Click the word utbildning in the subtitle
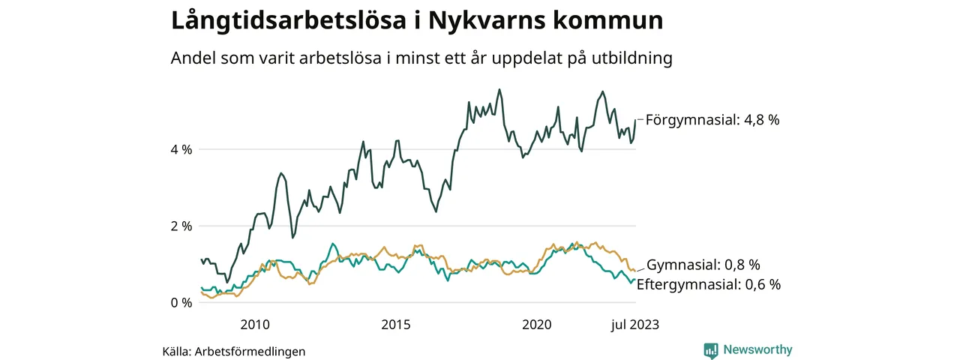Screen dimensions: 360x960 pyautogui.click(x=631, y=58)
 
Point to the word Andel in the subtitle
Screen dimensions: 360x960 pyautogui.click(x=192, y=58)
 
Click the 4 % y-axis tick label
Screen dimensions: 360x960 pyautogui.click(x=181, y=149)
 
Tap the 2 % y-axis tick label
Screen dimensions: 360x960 pyautogui.click(x=181, y=226)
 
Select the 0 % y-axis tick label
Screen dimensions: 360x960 pyautogui.click(x=181, y=303)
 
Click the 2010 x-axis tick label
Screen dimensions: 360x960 pyautogui.click(x=255, y=325)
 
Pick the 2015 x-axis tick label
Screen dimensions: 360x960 pyautogui.click(x=396, y=325)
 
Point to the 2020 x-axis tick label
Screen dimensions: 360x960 pyautogui.click(x=537, y=325)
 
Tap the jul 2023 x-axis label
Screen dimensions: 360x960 pyautogui.click(x=635, y=325)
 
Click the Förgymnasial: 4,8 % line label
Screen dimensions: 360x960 pyautogui.click(x=712, y=118)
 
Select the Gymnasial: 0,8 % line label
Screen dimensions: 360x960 pyautogui.click(x=703, y=265)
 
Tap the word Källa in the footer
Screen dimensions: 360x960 pyautogui.click(x=178, y=351)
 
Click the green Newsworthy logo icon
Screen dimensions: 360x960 pyautogui.click(x=711, y=349)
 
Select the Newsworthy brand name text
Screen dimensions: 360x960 pyautogui.click(x=757, y=349)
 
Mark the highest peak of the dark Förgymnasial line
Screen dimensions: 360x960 pyautogui.click(x=499, y=89)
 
